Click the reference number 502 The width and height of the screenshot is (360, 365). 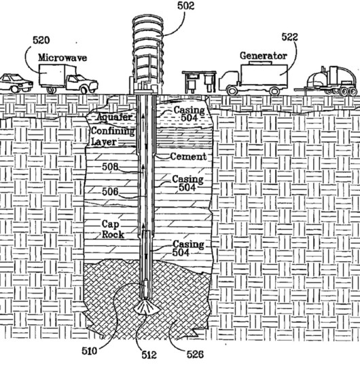[185, 6]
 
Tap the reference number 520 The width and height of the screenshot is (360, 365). [41, 40]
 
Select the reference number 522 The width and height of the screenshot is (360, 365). [290, 37]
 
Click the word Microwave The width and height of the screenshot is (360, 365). [62, 58]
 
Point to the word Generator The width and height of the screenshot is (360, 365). [264, 56]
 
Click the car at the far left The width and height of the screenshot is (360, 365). [16, 83]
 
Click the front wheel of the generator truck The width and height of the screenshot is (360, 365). [232, 90]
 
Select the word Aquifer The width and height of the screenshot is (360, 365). [114, 117]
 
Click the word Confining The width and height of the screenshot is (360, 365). [113, 131]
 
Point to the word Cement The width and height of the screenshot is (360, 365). [188, 157]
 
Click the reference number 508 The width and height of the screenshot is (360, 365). [110, 167]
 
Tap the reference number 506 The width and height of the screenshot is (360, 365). [110, 191]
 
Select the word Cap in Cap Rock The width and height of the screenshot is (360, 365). [111, 225]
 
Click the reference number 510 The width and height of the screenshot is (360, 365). [90, 351]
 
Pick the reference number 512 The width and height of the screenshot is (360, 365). [149, 355]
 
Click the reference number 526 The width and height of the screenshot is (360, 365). [195, 354]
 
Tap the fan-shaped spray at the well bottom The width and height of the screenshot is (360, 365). [147, 307]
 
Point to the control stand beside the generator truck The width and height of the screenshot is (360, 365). [199, 81]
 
